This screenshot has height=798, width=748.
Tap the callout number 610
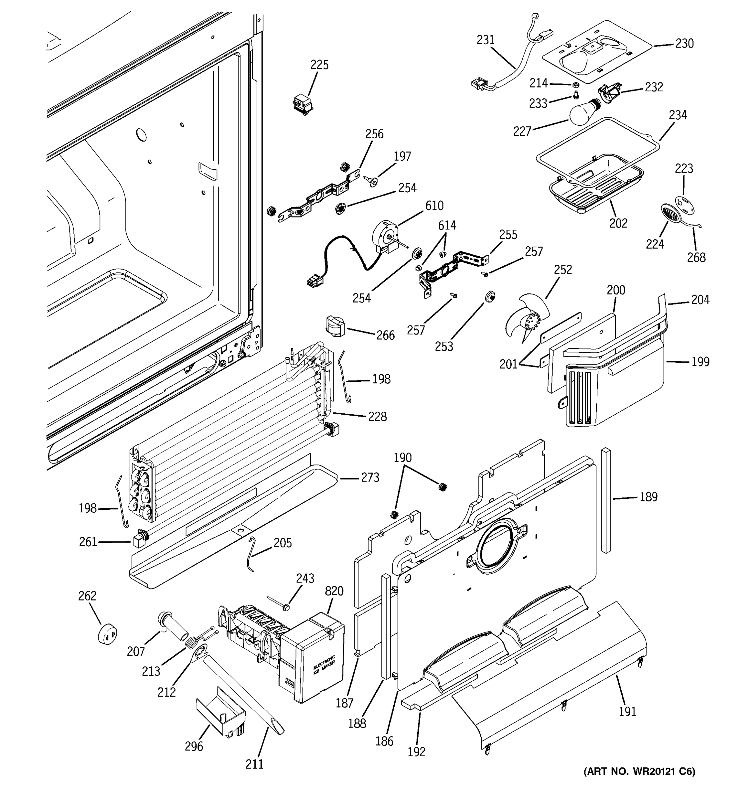pos(434,205)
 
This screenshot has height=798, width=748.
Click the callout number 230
pos(684,43)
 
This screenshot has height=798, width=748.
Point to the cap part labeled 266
pos(335,326)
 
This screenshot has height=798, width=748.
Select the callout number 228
pos(377,417)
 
